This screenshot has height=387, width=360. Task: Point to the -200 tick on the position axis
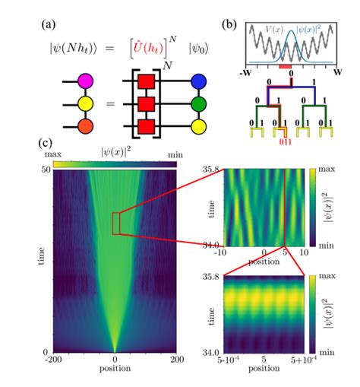pyautogui.click(x=54, y=359)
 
